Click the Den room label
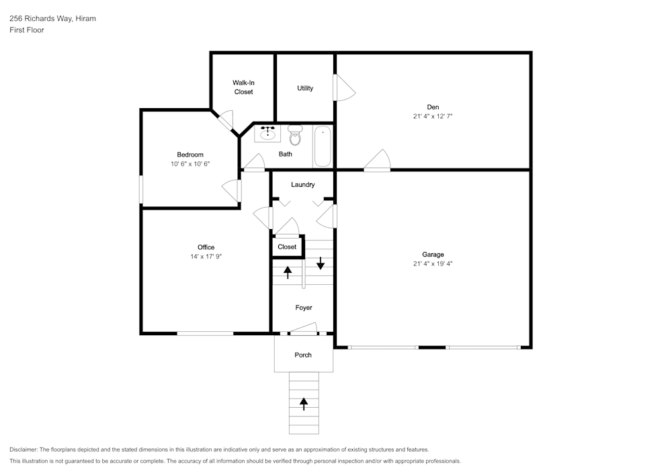[x=433, y=107]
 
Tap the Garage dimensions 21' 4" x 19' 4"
[x=433, y=264]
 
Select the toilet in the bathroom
[x=295, y=135]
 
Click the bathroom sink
[x=268, y=132]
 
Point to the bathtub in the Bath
[x=323, y=146]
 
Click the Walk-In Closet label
[x=243, y=87]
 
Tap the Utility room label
[x=305, y=88]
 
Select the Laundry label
[x=303, y=185]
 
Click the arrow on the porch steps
[x=304, y=404]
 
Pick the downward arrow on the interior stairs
[x=321, y=263]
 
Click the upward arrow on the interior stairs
[x=288, y=272]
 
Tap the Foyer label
[x=304, y=308]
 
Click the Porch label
[x=303, y=355]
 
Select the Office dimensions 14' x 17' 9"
[x=206, y=257]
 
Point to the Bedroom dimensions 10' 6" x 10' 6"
[x=190, y=164]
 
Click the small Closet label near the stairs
[x=287, y=247]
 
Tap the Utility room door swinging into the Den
[x=344, y=87]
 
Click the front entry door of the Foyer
[x=304, y=329]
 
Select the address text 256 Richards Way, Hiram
[x=52, y=19]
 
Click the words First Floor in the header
[x=27, y=30]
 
